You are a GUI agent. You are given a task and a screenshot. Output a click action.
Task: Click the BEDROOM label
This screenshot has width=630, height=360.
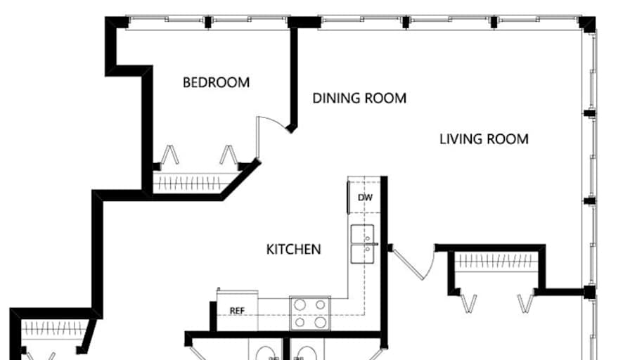(x=216, y=82)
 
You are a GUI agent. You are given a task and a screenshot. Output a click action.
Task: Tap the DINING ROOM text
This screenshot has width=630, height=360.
(x=359, y=98)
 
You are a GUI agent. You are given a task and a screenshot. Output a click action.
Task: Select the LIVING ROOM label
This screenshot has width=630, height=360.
(x=484, y=139)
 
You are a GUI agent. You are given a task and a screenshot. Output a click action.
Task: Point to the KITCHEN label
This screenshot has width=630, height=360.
(x=294, y=249)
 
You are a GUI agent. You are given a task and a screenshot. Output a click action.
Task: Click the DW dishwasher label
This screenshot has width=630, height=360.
(x=365, y=198)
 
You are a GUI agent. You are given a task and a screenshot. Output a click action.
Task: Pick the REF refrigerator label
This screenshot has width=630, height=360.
(x=236, y=310)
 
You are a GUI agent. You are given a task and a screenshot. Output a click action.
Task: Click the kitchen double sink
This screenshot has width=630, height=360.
(x=364, y=244)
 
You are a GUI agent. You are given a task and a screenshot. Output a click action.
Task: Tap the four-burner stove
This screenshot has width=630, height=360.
(x=310, y=314)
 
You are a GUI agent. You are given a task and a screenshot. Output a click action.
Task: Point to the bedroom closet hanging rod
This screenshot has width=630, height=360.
(x=196, y=184)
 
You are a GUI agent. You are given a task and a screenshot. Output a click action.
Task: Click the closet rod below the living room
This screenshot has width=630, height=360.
(x=498, y=262)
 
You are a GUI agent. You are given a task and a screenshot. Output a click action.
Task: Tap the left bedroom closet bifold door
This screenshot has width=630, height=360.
(x=169, y=155)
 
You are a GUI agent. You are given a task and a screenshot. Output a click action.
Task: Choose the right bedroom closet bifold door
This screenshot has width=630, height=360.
(x=227, y=155)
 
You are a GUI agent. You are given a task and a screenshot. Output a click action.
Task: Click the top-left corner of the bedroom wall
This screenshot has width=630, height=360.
(x=113, y=23)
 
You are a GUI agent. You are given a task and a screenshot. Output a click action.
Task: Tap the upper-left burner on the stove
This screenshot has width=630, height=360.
(x=300, y=305)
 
